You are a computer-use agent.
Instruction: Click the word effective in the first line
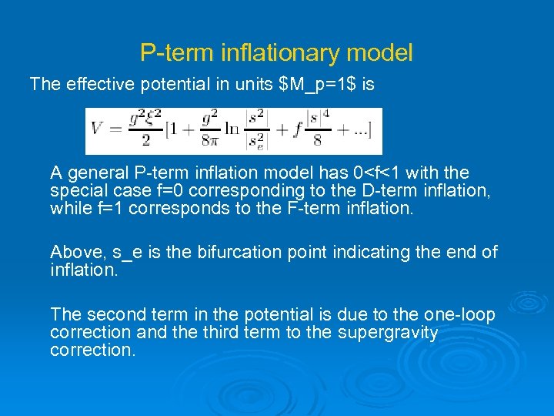click(99, 84)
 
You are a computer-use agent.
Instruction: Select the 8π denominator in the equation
click(210, 142)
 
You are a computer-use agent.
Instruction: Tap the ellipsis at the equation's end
click(359, 131)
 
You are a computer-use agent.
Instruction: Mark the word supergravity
click(389, 333)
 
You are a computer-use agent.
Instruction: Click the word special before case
click(77, 190)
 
